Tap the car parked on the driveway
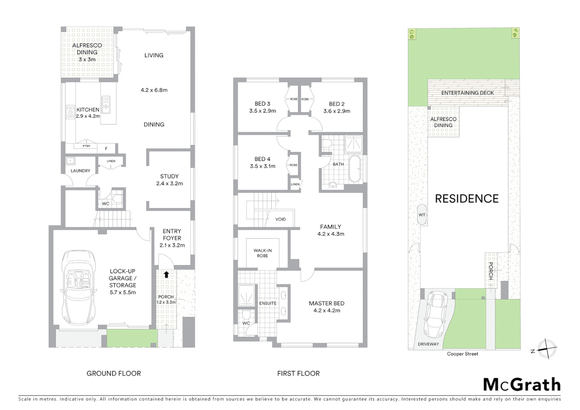pos(434,313)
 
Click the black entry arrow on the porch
pos(166,274)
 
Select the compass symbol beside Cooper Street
pos(546,348)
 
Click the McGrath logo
pos(522,385)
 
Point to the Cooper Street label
pos(462,354)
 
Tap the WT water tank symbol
pos(422,215)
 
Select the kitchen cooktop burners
pos(70,112)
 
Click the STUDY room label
pos(169,176)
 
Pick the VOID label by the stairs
pos(281,219)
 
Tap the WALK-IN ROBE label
pos(262,253)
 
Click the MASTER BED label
pos(326,303)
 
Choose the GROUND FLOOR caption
pos(113,374)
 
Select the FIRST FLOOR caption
pos(298,374)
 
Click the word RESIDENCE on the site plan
pos(467,199)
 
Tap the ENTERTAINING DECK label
pos(467,93)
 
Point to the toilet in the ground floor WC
pos(117,199)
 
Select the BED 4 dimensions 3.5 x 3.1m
pos(263,166)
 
